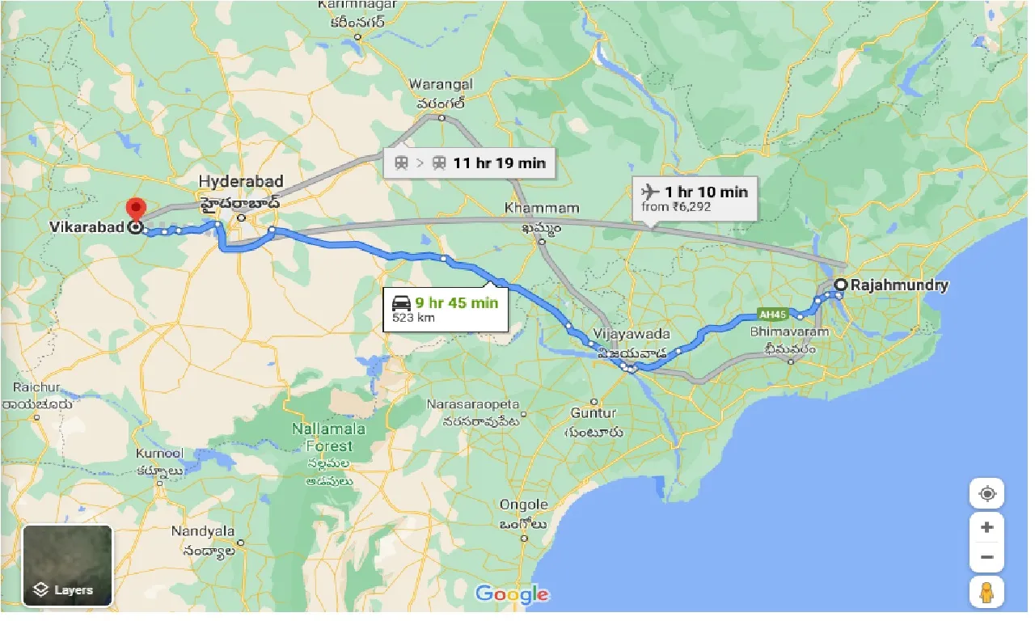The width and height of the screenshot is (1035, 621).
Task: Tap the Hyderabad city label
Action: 239,181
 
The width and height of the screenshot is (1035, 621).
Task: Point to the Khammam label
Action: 542,209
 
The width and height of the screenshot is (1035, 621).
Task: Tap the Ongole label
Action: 523,505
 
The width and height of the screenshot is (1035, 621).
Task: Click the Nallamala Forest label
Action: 329,437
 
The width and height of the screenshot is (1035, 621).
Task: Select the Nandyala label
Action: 202,531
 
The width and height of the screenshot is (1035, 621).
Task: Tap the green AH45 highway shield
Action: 772,315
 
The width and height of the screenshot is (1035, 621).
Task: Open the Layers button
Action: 67,565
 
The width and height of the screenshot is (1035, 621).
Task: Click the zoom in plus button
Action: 986,527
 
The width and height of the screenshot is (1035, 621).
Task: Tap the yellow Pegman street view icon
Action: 986,592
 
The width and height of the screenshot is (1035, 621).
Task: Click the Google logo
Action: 512,594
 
